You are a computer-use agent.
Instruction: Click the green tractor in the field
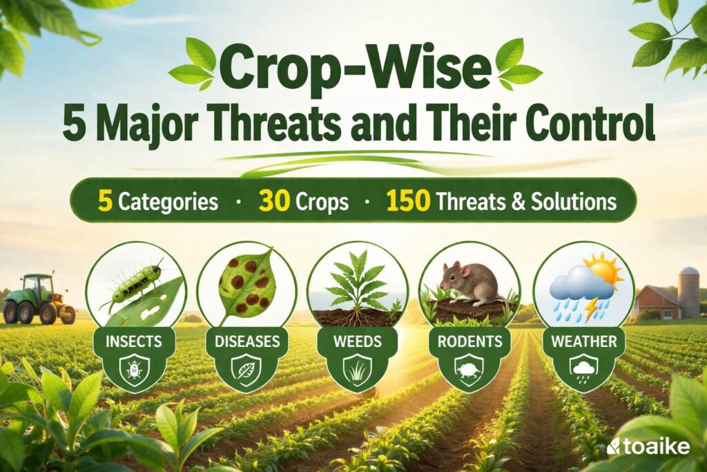pyautogui.click(x=38, y=299)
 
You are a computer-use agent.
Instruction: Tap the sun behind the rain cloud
pyautogui.click(x=602, y=270)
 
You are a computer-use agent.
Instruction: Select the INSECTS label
pyautogui.click(x=135, y=341)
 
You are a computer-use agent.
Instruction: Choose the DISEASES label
pyautogui.click(x=247, y=341)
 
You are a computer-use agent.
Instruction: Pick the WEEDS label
pyautogui.click(x=358, y=341)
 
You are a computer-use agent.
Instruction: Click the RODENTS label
pyautogui.click(x=469, y=341)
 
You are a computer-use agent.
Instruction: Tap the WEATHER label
pyautogui.click(x=583, y=341)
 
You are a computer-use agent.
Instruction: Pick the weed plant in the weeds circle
pyautogui.click(x=357, y=283)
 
